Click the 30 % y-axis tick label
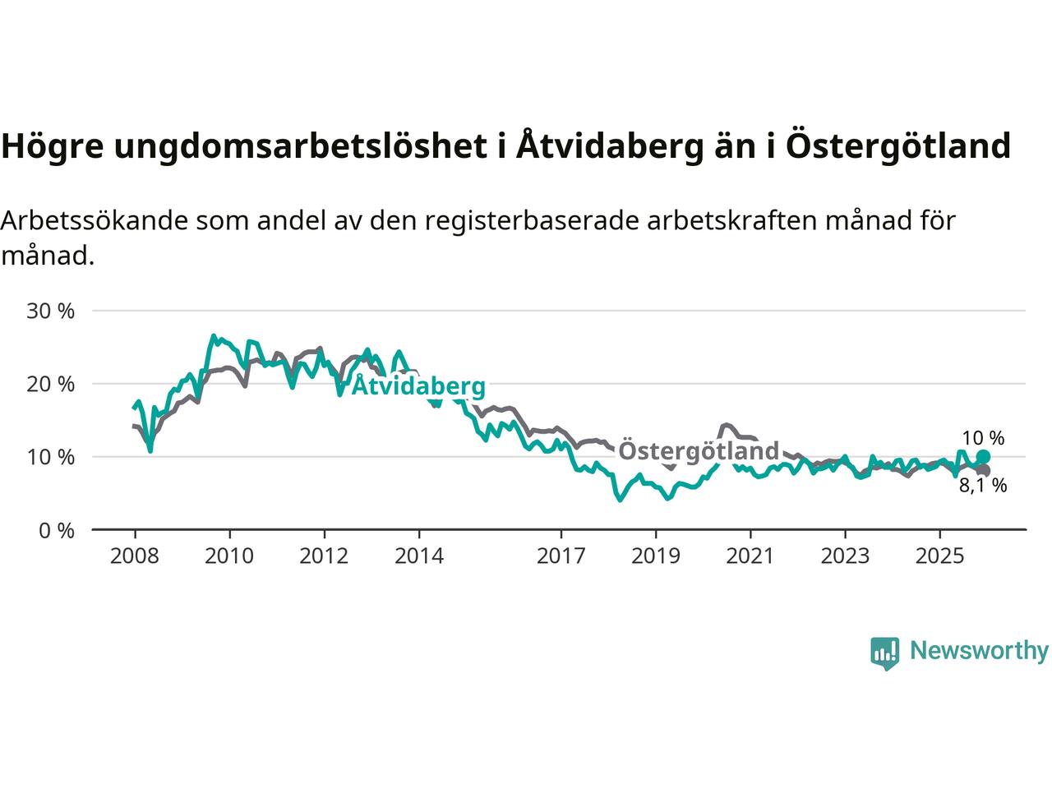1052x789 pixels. coord(50,311)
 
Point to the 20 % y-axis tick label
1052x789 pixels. coord(50,385)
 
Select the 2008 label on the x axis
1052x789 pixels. coord(135,556)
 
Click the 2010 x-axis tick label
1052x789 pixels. coord(229,556)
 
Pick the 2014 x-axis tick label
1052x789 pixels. coord(418,556)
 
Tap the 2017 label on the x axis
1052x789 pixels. coord(561,556)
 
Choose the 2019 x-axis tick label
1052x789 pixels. coord(656,556)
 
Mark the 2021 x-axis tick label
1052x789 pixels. coord(750,556)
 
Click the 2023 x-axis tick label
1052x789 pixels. coord(845,556)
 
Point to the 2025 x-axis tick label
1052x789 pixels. coord(940,556)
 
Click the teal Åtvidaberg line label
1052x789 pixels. coord(418,386)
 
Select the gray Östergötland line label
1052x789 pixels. coord(698,451)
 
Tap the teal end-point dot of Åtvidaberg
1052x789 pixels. coord(983,457)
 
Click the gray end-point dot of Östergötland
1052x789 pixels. coord(983,470)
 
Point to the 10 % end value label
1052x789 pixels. coord(983,438)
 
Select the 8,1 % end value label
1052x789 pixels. coord(983,486)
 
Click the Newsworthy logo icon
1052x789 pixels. coord(884,653)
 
